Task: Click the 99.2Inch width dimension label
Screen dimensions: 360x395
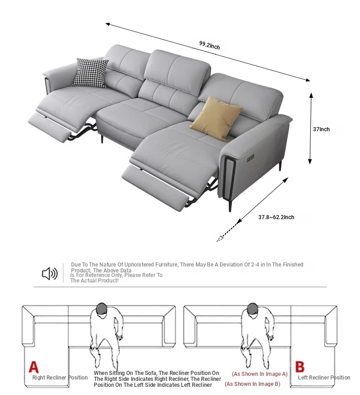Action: (209, 46)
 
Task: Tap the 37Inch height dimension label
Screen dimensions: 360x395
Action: (321, 129)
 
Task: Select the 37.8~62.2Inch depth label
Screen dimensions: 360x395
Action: (276, 217)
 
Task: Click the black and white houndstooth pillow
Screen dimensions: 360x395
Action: (90, 73)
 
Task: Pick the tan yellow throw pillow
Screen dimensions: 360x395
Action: (216, 118)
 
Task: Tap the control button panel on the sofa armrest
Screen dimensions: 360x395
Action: (251, 158)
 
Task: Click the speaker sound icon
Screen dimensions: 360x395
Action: (50, 273)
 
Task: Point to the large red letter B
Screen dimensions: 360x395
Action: (300, 367)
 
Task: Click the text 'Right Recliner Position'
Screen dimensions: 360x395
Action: (60, 377)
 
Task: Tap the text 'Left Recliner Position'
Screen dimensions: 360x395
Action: (324, 377)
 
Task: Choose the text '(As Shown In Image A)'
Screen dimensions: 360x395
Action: (259, 374)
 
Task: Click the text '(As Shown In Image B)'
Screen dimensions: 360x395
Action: (252, 384)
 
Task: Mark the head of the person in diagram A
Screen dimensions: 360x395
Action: (102, 308)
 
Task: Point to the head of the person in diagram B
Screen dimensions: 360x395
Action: (252, 308)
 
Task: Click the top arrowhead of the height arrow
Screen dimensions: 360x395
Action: (311, 96)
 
